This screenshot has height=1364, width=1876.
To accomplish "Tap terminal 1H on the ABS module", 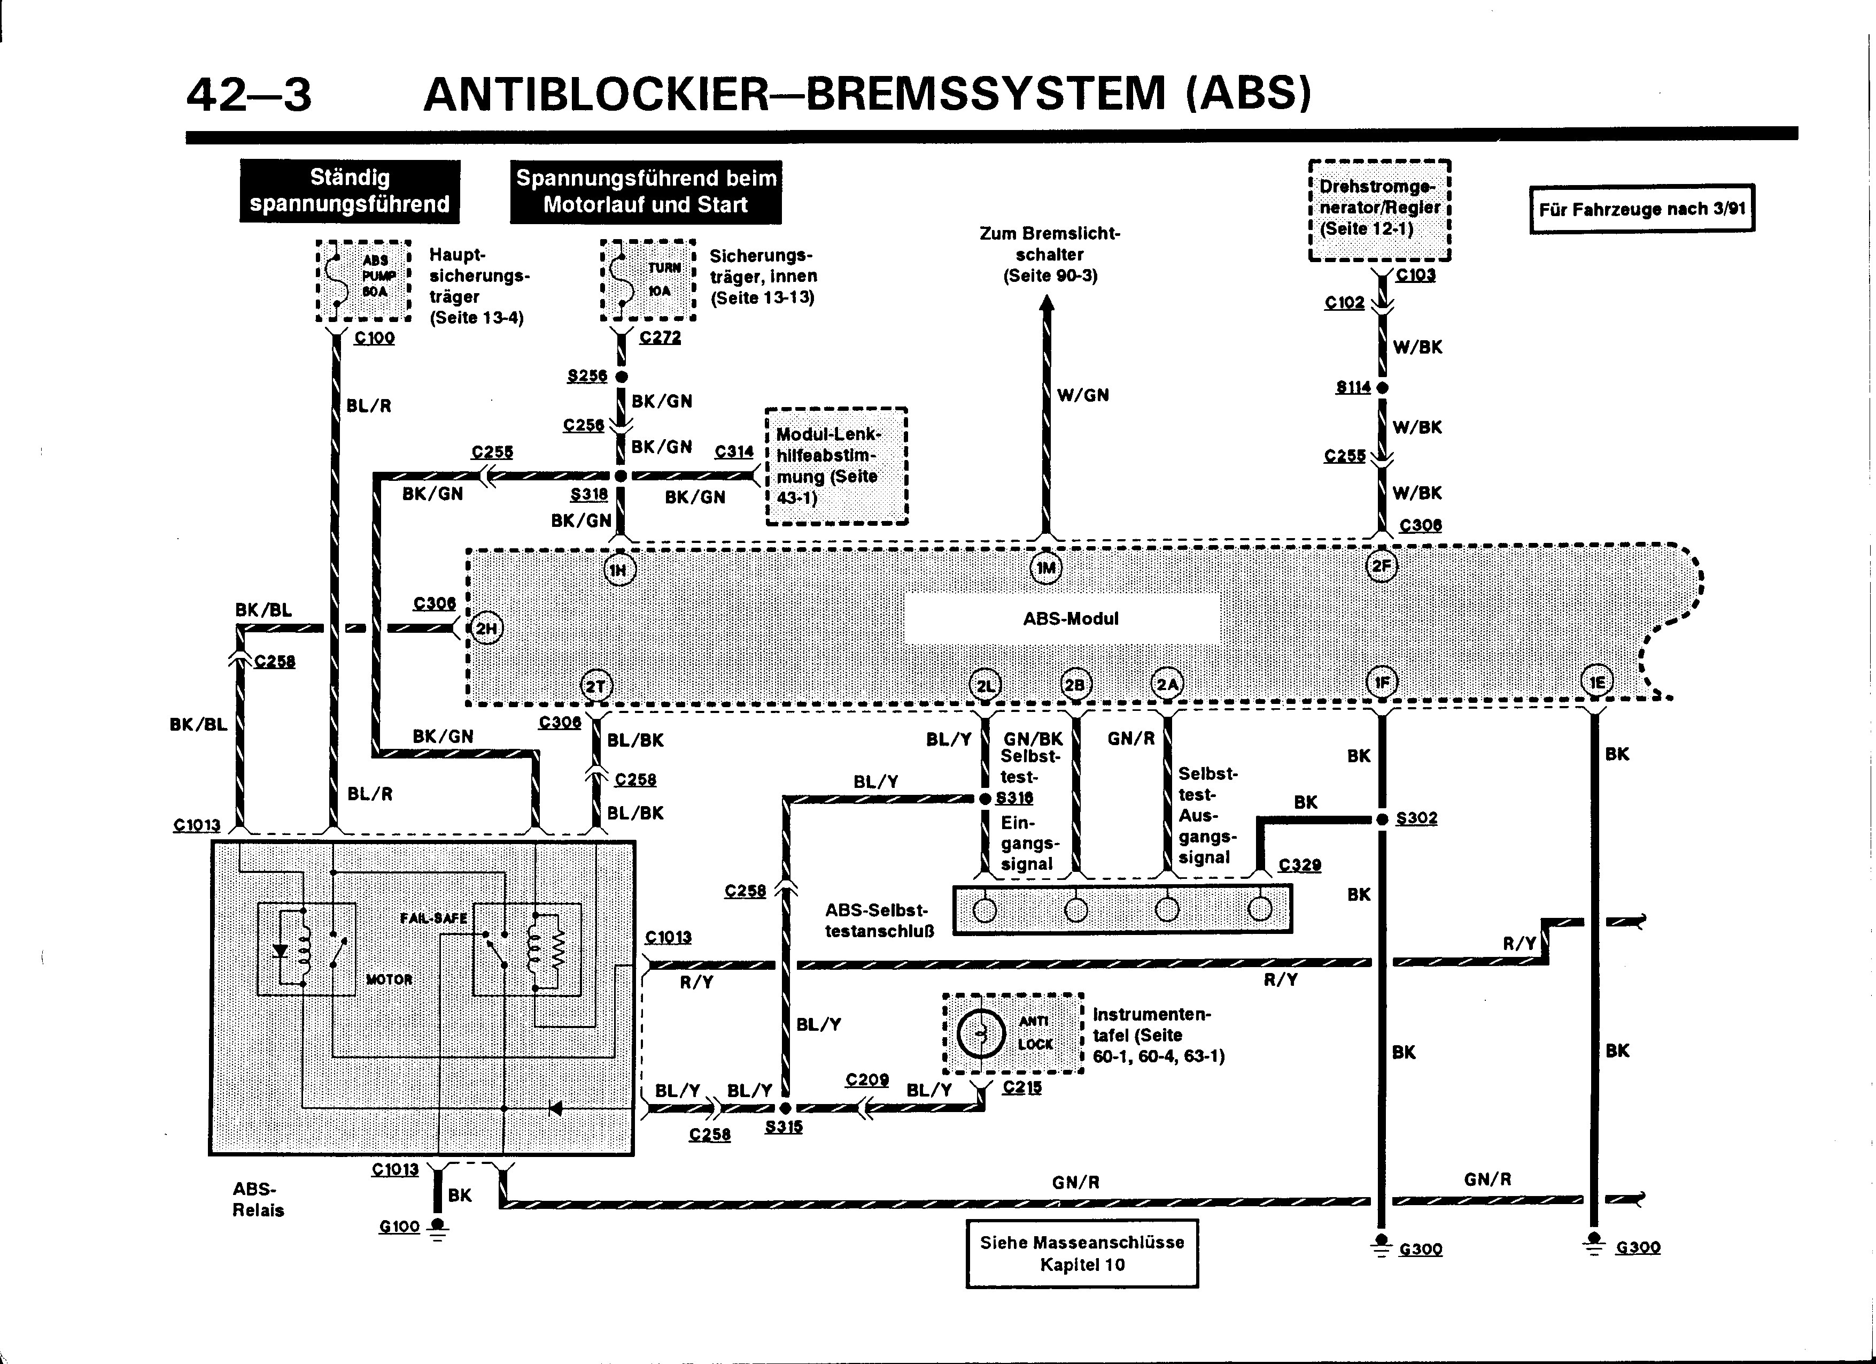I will pos(619,570).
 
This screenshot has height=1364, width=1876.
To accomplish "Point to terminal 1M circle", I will pos(1046,568).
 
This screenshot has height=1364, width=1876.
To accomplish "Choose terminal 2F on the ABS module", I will pos(1382,566).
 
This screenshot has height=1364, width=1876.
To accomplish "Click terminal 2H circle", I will pos(486,628).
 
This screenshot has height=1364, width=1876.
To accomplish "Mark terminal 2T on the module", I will pos(595,686).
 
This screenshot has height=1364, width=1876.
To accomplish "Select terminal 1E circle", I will pos(1596,682).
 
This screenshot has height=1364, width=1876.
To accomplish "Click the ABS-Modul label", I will pos(1071,619).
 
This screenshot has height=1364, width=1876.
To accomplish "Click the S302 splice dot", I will pos(1382,818).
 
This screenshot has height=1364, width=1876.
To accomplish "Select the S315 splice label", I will pos(784,1127).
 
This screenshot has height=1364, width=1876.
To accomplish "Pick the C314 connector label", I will pos(734,451).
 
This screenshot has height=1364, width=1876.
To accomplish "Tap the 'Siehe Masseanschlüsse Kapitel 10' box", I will pos(1082,1253).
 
